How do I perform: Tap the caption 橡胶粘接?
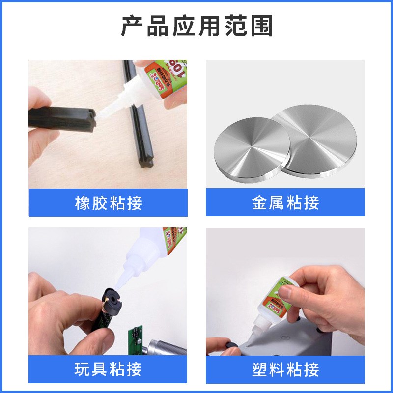coord(108,203)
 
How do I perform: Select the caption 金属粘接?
coord(285,203)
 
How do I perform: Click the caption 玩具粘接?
coord(108,369)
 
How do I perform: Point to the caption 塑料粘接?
coord(285,369)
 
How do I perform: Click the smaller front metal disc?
coord(250,151)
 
